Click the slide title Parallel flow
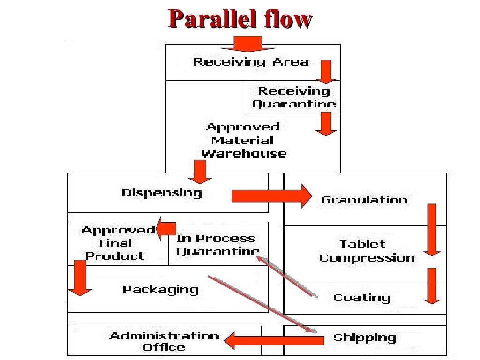(x=240, y=20)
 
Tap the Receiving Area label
(x=251, y=62)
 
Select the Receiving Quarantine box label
(x=293, y=97)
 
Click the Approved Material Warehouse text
(x=243, y=140)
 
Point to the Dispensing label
(x=162, y=193)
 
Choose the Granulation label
(x=364, y=200)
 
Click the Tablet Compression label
(x=367, y=251)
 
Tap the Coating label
(x=361, y=298)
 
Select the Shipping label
(x=364, y=337)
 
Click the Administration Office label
(x=164, y=341)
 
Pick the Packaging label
(x=160, y=290)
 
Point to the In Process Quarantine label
(x=217, y=245)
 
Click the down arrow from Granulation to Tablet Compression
(x=432, y=230)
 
